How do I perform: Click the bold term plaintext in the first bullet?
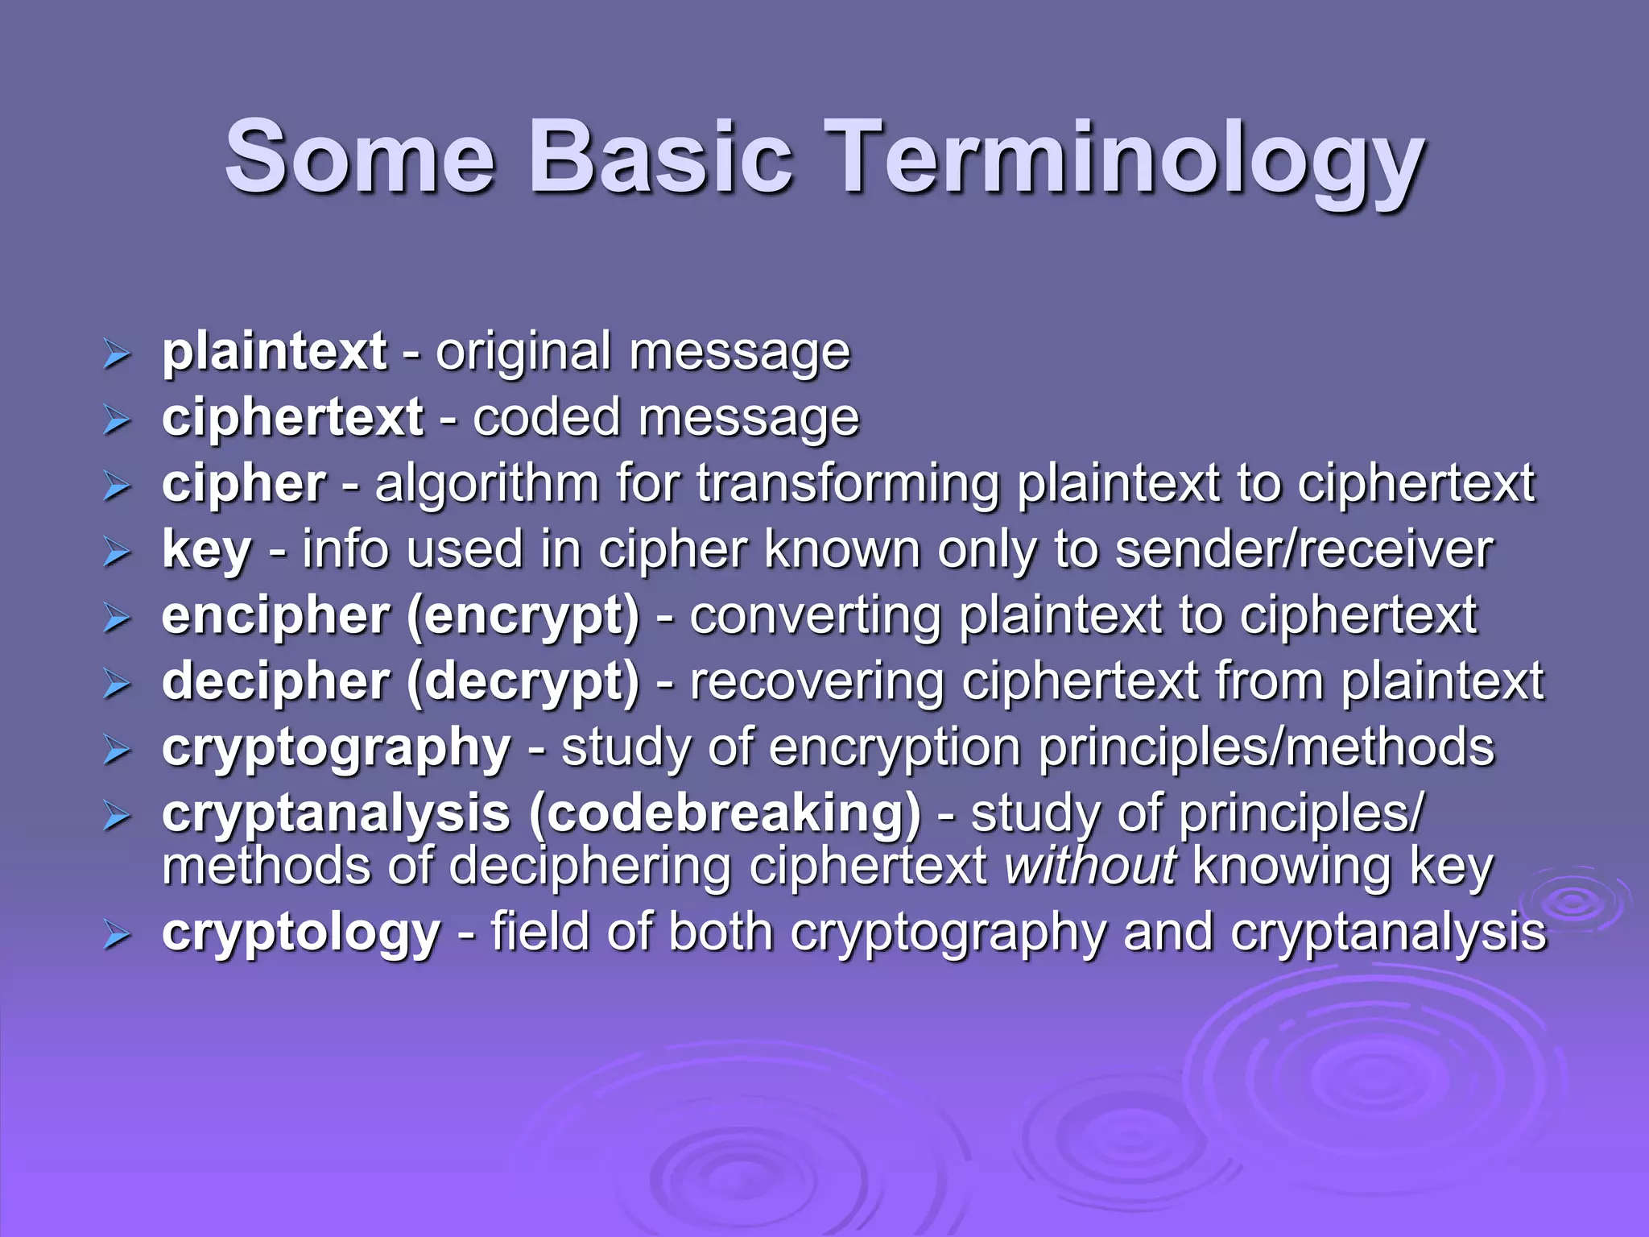click(274, 352)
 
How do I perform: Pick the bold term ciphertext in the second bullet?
click(292, 418)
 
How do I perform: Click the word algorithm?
click(487, 484)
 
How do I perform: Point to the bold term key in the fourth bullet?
click(206, 551)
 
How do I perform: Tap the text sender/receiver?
click(1304, 550)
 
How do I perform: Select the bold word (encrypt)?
click(523, 617)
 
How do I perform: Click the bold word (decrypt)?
click(523, 683)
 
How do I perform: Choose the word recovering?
click(816, 682)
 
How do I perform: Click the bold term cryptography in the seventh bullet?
click(336, 749)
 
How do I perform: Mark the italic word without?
click(1091, 867)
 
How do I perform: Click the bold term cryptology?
click(300, 933)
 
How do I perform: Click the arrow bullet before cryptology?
click(117, 935)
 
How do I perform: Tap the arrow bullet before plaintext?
click(117, 354)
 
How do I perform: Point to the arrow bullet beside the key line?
click(117, 552)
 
